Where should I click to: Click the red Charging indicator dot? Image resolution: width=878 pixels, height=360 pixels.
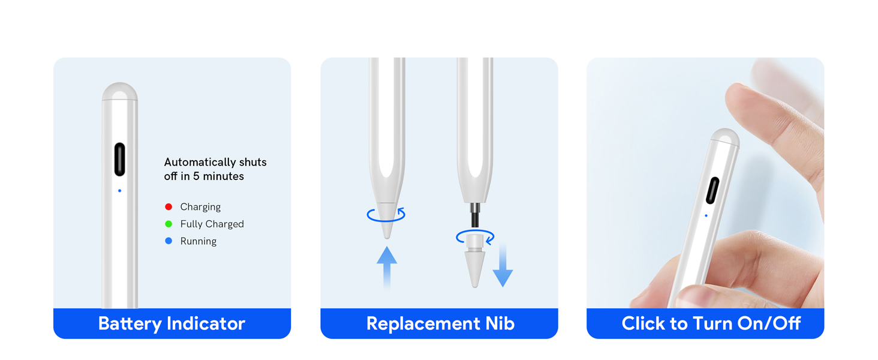click(169, 206)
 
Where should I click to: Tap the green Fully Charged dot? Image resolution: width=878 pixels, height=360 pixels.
click(169, 224)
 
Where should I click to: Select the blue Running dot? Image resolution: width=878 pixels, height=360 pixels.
click(169, 241)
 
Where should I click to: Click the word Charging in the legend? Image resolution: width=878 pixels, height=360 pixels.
click(200, 207)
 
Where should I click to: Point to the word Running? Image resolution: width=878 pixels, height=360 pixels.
click(199, 241)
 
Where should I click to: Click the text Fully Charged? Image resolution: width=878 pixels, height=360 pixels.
click(212, 224)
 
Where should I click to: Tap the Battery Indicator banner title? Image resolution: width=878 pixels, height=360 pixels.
click(172, 324)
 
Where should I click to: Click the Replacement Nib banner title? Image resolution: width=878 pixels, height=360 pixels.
click(440, 323)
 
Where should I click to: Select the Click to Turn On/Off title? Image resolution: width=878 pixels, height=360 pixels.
click(711, 323)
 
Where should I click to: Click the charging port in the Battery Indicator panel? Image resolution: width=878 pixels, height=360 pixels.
click(119, 159)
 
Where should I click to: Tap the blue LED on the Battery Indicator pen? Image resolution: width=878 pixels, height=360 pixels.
click(119, 191)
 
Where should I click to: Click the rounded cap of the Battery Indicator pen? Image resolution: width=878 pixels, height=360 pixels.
click(119, 91)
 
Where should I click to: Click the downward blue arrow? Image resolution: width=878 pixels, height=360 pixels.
click(503, 265)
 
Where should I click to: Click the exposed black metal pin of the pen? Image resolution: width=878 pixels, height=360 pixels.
click(474, 215)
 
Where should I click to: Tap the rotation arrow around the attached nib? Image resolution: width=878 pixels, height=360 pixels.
click(386, 221)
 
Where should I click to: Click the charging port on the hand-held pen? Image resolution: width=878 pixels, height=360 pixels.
click(712, 191)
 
